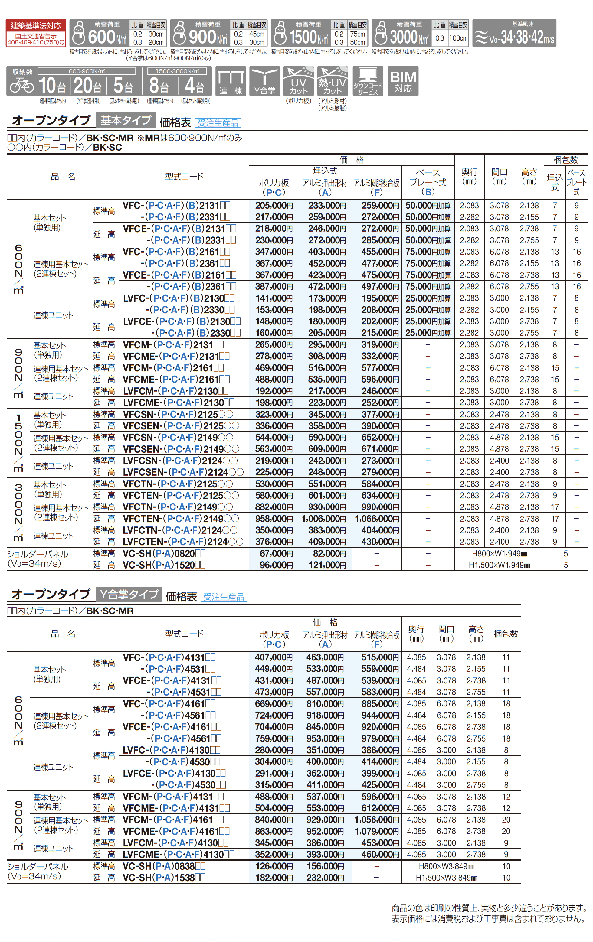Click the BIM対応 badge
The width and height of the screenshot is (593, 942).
coord(403,81)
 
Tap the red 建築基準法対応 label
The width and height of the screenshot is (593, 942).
coord(36,26)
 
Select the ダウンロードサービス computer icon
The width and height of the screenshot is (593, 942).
coord(367,81)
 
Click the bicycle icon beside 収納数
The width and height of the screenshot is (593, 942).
coord(22,85)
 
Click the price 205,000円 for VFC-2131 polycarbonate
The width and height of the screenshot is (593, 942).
coord(274,205)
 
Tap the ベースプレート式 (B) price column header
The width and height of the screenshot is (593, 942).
coord(428,182)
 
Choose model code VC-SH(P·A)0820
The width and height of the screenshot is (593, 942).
coord(164,553)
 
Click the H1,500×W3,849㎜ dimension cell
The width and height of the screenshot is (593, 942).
coord(446,878)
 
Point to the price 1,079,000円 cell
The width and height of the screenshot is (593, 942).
coord(377,831)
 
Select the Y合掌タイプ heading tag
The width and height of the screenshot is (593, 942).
coord(128,595)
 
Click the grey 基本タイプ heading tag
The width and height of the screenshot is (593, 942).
coord(126,120)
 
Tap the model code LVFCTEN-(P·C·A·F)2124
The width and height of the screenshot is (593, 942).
coord(183,542)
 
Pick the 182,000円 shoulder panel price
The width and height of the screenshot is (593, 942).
coord(274,878)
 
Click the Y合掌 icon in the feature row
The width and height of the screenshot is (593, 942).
coord(265,81)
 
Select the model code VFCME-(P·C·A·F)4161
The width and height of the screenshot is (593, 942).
coord(176,831)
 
